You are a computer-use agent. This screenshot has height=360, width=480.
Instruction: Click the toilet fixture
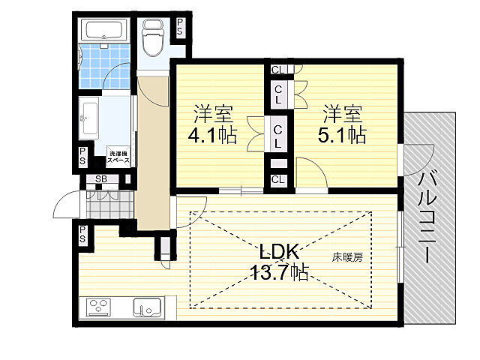tap(153, 38)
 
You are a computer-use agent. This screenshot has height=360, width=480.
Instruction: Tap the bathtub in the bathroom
tap(105, 29)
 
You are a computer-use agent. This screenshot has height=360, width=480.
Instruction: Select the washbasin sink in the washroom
tap(89, 118)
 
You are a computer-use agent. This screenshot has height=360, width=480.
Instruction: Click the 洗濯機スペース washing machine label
tap(118, 157)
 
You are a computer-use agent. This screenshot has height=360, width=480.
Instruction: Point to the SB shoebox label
tap(101, 179)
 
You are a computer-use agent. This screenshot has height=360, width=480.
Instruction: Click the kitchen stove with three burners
tap(98, 307)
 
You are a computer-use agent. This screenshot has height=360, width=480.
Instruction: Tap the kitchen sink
tap(147, 307)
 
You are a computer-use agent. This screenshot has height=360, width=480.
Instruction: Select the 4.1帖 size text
tap(212, 134)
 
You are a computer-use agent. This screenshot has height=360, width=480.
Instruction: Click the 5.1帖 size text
tap(342, 134)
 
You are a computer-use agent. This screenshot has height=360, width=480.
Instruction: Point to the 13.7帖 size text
tap(280, 271)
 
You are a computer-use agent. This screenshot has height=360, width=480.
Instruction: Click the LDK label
tap(279, 252)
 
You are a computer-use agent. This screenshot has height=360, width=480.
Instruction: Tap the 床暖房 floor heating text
tap(347, 257)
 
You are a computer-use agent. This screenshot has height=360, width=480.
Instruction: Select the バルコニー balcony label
tap(427, 217)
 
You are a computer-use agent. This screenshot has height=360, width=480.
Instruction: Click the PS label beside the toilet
tap(180, 27)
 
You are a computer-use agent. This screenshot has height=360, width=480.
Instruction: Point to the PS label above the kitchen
tap(82, 234)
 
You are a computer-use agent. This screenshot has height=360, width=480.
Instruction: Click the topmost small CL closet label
tap(277, 70)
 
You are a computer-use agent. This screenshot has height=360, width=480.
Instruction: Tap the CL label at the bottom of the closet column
tap(277, 179)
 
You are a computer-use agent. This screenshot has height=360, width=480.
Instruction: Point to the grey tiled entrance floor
tap(110, 204)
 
